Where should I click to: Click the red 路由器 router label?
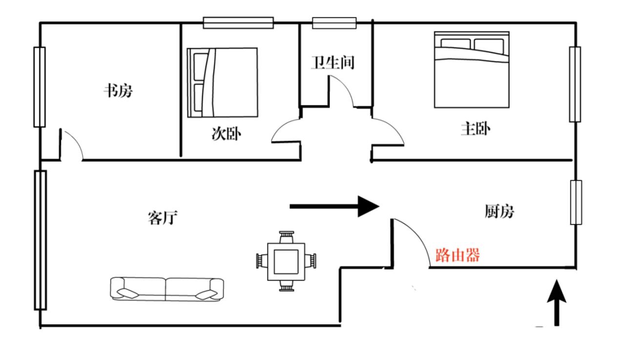457,255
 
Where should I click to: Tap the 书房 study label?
117,91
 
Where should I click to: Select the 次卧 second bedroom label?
226,134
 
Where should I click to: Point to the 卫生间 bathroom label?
332,63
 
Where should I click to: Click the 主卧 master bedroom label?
475,129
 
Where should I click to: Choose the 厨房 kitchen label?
499,212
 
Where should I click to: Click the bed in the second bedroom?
222,82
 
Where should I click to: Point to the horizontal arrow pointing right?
334,206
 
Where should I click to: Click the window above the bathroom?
334,22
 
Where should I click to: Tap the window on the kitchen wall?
576,202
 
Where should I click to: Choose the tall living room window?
40,240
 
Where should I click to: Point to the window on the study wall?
39,87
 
